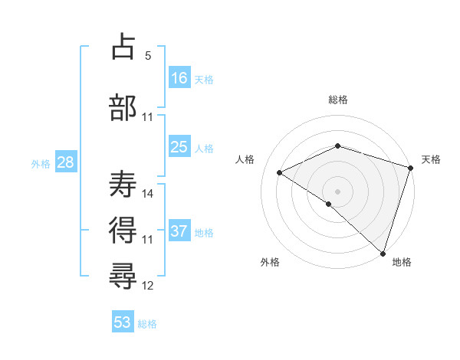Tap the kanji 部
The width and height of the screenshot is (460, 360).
point(123,107)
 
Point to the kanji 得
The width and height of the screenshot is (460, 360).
point(123,228)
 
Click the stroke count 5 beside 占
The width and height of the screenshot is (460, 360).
point(148,56)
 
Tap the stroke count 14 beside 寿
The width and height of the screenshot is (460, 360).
point(148,193)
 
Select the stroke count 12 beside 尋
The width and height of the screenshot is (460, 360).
point(148,286)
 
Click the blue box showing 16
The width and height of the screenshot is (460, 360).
point(179,77)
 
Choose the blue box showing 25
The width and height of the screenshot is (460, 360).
point(179,147)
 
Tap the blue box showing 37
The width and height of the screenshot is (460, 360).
point(179,231)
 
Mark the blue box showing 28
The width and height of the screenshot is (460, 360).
point(65,162)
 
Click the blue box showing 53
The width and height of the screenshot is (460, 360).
point(123,322)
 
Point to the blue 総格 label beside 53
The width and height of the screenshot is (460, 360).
point(147,324)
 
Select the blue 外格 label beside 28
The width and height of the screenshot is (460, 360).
point(41,164)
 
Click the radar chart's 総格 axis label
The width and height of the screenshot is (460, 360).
point(337,100)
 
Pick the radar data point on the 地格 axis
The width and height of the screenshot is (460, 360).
point(383,253)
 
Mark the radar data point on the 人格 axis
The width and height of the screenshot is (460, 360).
point(280,172)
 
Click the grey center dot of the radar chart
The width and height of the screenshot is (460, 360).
point(337,191)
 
